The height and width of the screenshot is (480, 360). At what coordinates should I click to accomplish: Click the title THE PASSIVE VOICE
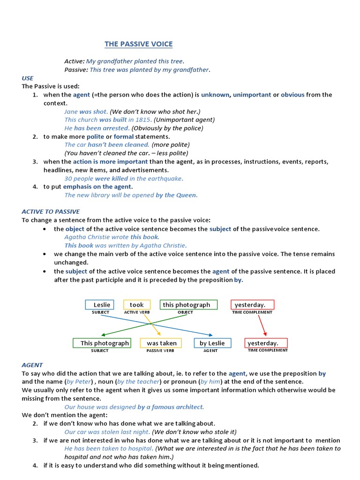(x=138, y=44)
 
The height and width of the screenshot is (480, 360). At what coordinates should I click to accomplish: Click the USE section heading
(x=28, y=78)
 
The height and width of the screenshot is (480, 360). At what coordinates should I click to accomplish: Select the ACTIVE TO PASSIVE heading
(x=51, y=212)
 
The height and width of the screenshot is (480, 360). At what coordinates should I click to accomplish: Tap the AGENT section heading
(x=32, y=365)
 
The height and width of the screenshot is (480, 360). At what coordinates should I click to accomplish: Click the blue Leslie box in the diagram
(x=99, y=305)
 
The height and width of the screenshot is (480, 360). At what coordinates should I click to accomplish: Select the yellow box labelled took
(x=137, y=305)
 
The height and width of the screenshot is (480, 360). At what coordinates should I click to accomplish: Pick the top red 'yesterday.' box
(x=252, y=305)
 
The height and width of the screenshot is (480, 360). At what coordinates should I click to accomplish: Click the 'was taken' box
(x=161, y=343)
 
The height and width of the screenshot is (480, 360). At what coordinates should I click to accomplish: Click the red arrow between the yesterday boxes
(x=262, y=323)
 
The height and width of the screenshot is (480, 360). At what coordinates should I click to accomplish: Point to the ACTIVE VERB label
(x=137, y=312)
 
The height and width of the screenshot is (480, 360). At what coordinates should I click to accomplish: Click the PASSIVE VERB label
(x=160, y=351)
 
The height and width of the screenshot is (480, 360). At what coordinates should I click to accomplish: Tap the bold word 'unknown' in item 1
(x=215, y=95)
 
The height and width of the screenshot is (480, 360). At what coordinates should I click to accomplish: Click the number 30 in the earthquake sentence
(x=68, y=179)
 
